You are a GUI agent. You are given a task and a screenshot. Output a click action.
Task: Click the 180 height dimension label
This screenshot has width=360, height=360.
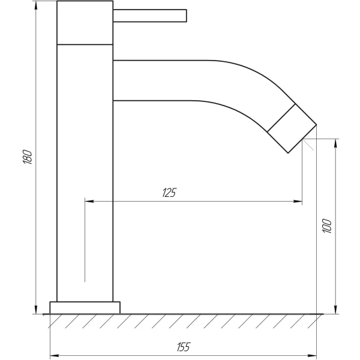coord(28,157)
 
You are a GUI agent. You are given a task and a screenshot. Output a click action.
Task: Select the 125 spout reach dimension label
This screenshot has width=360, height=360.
coord(169,193)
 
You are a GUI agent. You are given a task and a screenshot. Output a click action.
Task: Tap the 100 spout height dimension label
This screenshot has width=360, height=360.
coord(327,226)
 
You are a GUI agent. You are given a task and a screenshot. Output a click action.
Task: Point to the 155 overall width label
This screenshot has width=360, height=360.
coord(184,347)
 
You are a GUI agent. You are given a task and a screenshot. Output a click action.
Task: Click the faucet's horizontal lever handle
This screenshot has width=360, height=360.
coord(149,16)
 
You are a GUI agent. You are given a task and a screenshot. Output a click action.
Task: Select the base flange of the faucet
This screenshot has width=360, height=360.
coord(85,307)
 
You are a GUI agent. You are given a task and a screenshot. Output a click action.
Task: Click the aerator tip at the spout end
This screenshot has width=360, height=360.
coord(292,128)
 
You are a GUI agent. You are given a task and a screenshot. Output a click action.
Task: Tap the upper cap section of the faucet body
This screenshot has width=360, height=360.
coord(85,23)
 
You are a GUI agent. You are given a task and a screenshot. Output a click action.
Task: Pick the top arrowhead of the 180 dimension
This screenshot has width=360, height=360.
coord(36,5)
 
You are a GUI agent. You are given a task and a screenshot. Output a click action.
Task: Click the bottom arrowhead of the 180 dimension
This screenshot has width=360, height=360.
coord(36,310)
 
